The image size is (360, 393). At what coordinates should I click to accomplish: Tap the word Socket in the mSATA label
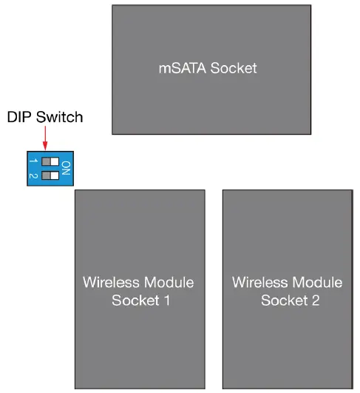234,69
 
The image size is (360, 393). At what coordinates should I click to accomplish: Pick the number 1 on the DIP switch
33,161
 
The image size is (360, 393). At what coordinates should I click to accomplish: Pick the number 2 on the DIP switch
33,176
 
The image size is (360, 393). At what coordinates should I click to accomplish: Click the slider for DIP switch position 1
50,161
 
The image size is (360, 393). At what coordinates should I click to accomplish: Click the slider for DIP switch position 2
50,176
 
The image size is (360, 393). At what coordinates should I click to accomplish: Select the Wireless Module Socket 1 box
140,333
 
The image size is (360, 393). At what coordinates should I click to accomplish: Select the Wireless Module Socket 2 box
287,333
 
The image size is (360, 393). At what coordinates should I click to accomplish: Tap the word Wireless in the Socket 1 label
110,283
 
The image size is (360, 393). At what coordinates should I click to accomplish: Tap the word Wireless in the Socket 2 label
259,283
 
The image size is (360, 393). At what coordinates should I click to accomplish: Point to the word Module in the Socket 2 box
316,283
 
